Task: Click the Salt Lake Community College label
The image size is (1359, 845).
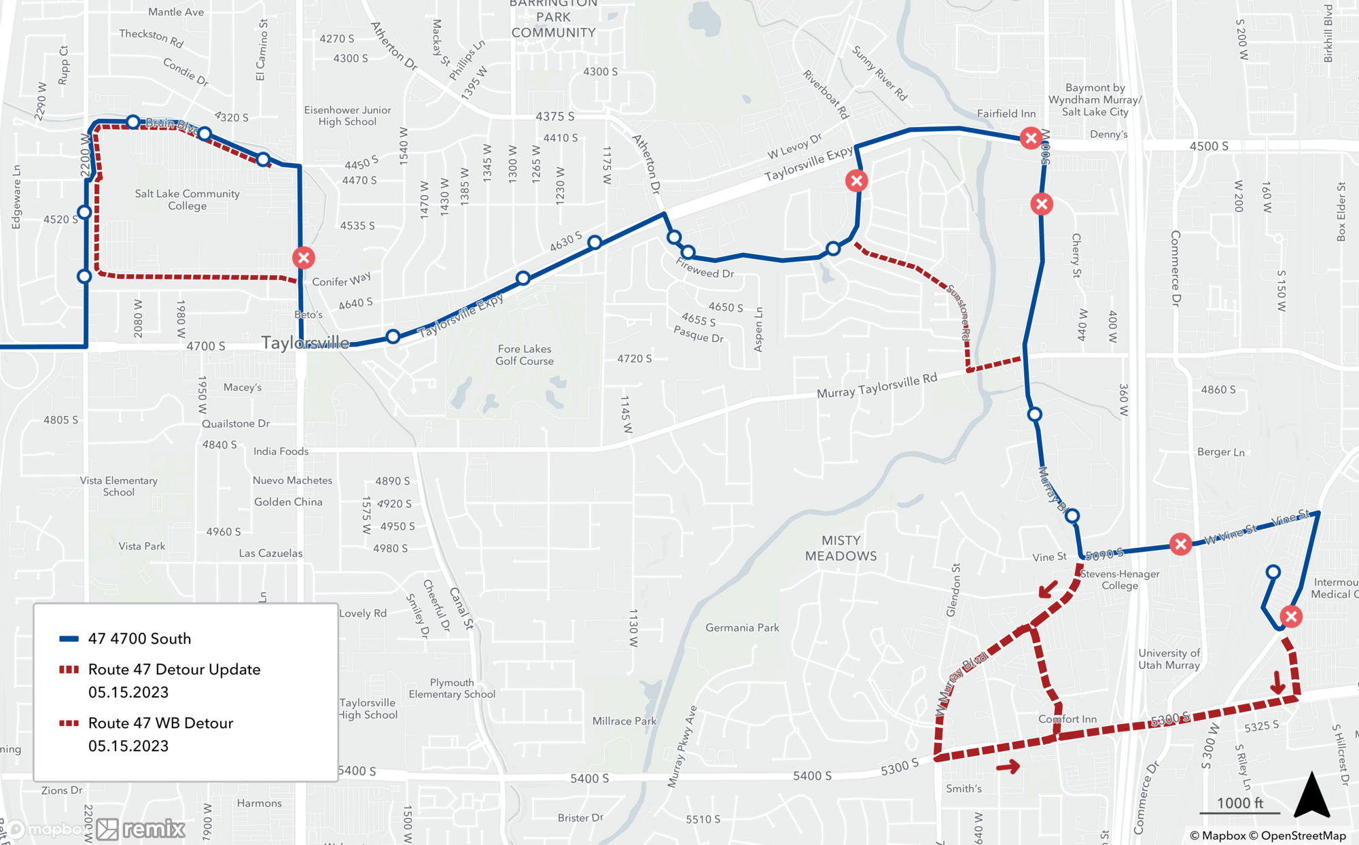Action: tap(187, 200)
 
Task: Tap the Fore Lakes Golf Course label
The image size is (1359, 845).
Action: tap(524, 355)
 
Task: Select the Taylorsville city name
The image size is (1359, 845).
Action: tap(305, 343)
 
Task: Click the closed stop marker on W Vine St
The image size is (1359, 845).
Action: tap(1181, 544)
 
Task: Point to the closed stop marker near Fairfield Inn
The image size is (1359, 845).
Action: tap(1031, 139)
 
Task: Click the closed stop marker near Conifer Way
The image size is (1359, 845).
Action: tap(304, 258)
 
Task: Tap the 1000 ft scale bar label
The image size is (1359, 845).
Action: tap(1239, 803)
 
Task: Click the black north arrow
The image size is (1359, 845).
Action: tap(1311, 795)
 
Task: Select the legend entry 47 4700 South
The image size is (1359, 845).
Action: tap(139, 638)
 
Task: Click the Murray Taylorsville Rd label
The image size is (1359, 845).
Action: tap(877, 386)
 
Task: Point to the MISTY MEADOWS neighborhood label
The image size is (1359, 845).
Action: tap(841, 548)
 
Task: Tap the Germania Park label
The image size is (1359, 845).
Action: tap(742, 627)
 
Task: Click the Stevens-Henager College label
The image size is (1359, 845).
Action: tap(1120, 579)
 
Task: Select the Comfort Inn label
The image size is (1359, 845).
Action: tap(1067, 719)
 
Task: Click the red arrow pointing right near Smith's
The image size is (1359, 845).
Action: tap(1008, 767)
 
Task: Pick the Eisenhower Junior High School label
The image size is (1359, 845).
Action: tap(347, 116)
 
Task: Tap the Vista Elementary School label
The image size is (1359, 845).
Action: tap(119, 486)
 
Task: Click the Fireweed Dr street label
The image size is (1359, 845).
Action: tap(705, 269)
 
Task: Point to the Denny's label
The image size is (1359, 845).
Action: tap(1108, 134)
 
